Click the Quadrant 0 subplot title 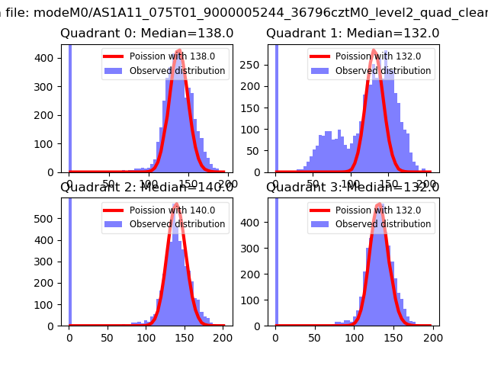(x=147, y=34)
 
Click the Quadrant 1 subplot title (x=352, y=34)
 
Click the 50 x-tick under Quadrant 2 (x=108, y=337)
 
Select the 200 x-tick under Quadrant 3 (x=432, y=337)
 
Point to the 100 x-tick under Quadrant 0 (x=148, y=183)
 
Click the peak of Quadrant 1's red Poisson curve (x=374, y=51)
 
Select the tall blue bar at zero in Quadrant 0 (x=70, y=107)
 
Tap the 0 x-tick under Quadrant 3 (x=275, y=337)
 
